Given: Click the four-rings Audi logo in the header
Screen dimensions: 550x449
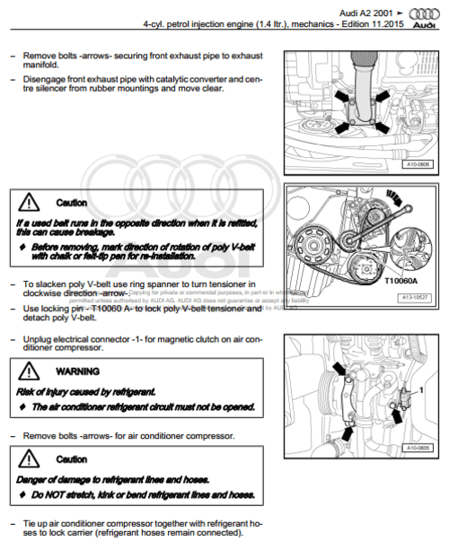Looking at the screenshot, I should (x=424, y=16).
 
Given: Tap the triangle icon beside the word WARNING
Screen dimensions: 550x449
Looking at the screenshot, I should (x=31, y=370).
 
